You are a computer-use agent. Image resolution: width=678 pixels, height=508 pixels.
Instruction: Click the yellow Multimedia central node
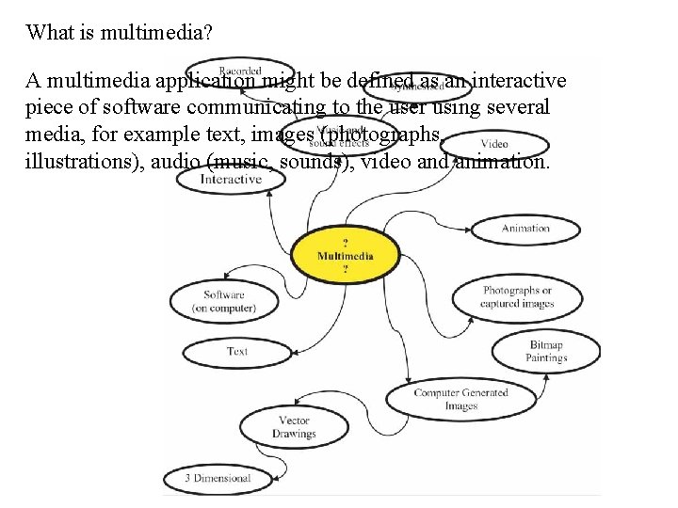pos(345,255)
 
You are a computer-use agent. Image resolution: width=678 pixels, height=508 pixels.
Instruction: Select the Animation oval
pos(525,228)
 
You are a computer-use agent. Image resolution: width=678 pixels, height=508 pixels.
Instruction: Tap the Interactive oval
pos(231,179)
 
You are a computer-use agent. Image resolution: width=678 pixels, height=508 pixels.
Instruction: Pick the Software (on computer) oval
pos(224,301)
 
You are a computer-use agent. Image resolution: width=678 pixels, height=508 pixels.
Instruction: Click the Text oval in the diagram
pos(237,352)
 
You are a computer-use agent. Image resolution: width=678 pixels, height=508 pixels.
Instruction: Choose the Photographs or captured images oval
pos(517,297)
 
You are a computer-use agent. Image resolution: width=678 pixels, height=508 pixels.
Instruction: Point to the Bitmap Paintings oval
pos(546,352)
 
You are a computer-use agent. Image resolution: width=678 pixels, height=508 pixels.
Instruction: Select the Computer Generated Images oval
pos(460,399)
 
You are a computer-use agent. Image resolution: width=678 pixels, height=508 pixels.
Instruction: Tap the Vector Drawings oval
pos(294,427)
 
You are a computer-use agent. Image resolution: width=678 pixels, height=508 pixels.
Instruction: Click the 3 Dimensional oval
pos(218,478)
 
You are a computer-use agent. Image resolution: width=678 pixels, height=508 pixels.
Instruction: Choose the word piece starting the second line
pos(48,107)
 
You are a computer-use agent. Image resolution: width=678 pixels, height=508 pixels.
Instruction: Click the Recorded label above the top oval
pos(240,71)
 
